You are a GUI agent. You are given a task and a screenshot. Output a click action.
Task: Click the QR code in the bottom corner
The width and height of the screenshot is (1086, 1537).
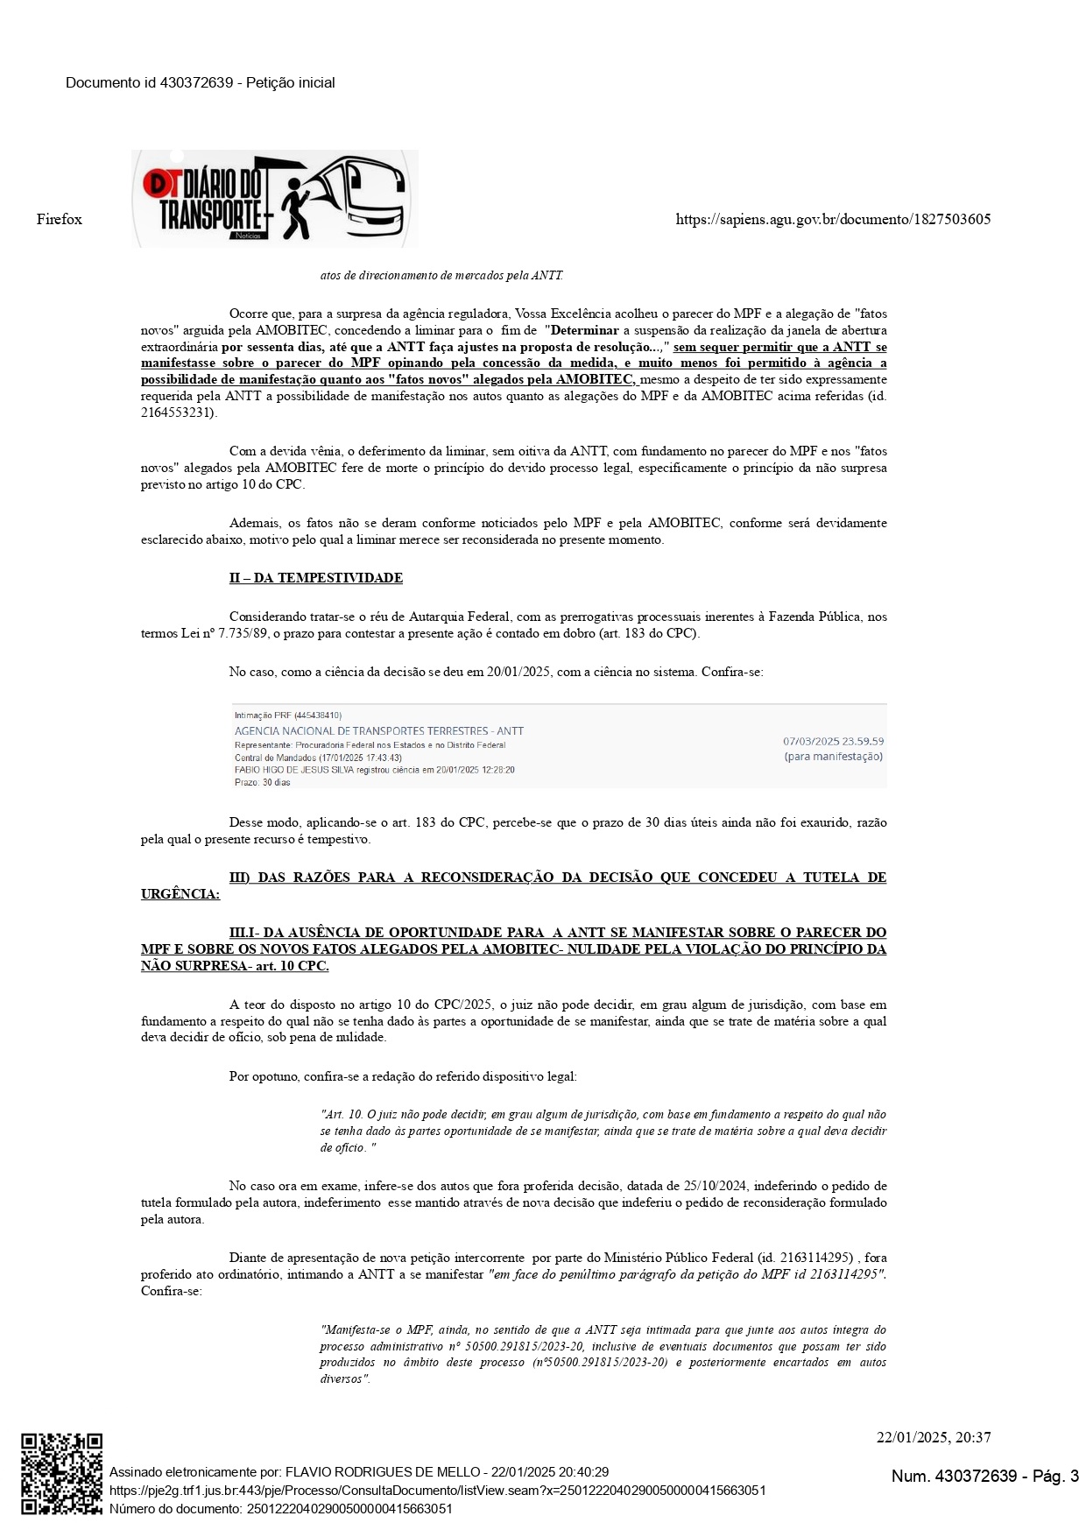pos(61,1473)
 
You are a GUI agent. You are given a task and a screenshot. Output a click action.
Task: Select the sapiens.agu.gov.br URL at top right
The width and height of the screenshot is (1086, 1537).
pos(833,219)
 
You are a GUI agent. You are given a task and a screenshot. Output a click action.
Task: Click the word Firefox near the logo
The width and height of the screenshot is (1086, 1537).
pos(60,219)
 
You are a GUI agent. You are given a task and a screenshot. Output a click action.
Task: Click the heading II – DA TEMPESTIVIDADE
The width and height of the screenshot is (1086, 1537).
pos(315,578)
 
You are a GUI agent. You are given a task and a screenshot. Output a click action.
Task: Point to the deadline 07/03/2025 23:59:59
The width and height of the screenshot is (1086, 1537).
pos(833,741)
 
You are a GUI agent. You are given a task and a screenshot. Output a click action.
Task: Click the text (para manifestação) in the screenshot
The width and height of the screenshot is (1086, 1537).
pos(833,757)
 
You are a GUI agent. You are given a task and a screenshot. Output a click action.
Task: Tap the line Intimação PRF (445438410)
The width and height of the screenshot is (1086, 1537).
pos(287,715)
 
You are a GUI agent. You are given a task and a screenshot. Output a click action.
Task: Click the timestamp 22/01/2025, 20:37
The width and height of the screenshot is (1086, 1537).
pos(934,1437)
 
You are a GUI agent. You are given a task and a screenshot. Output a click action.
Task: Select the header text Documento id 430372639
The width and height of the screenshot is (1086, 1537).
pos(149,82)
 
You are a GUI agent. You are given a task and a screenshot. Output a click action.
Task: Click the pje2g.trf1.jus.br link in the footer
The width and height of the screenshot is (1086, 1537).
pos(437,1490)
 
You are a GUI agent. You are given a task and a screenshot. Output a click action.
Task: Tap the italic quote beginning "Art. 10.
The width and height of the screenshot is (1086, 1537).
pos(603,1131)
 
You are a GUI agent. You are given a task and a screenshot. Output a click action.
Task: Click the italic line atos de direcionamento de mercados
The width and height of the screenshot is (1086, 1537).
pos(441,275)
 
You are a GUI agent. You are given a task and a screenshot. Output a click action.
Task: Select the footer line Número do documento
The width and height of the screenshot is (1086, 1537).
pos(280,1508)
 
